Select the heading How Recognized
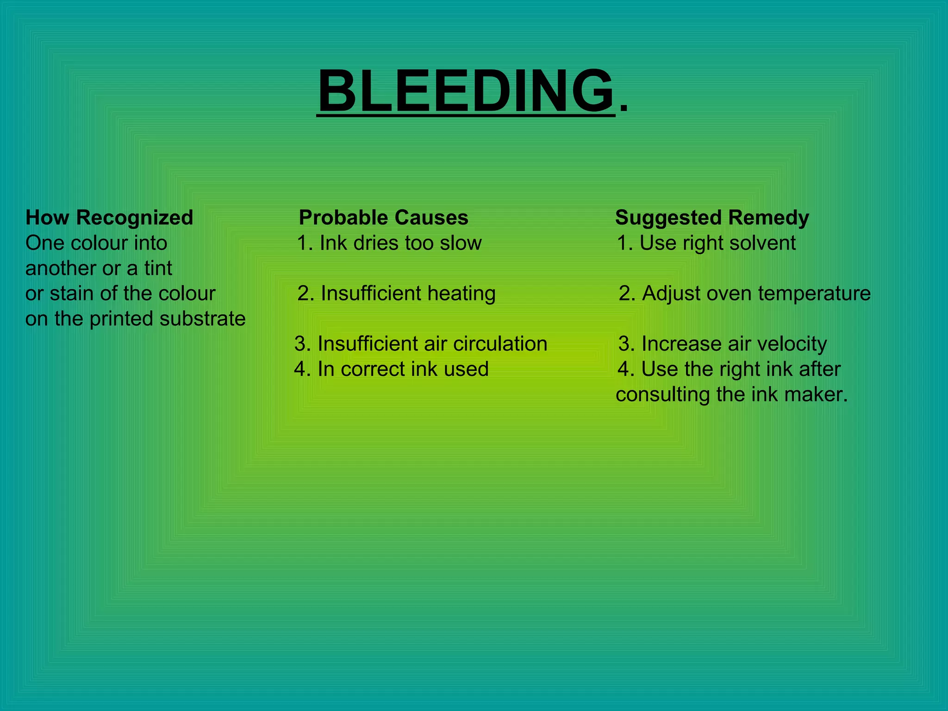pyautogui.click(x=109, y=218)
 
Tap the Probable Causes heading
pyautogui.click(x=383, y=218)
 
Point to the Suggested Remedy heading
pyautogui.click(x=712, y=218)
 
